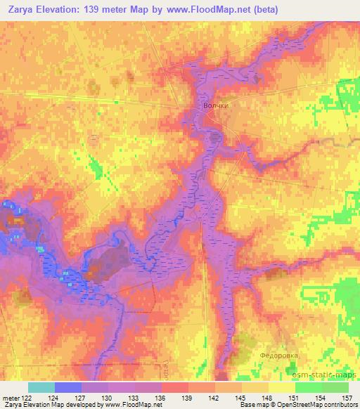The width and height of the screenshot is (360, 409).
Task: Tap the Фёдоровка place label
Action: (280, 356)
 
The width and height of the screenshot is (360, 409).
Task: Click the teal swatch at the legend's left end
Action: (41, 387)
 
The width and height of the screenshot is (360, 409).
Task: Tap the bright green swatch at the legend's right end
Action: (335, 387)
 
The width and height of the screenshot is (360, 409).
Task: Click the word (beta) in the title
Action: (264, 10)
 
